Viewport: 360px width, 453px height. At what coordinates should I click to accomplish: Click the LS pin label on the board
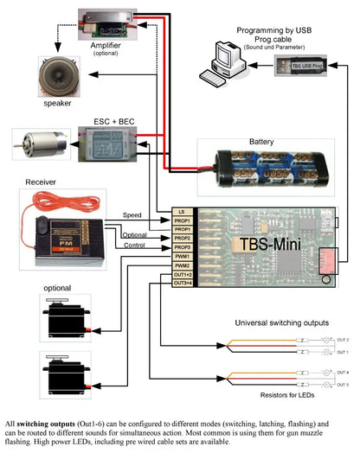tap(182, 212)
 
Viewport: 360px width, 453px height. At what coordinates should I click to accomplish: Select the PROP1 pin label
tap(182, 221)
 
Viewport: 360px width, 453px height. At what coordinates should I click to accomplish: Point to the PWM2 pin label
tap(182, 265)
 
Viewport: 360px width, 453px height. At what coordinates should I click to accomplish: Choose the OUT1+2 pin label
tap(182, 274)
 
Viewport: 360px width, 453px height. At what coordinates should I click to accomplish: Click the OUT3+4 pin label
tap(182, 283)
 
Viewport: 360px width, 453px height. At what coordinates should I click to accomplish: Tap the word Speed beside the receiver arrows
tap(132, 214)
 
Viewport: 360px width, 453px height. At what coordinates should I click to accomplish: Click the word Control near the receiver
tap(133, 246)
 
